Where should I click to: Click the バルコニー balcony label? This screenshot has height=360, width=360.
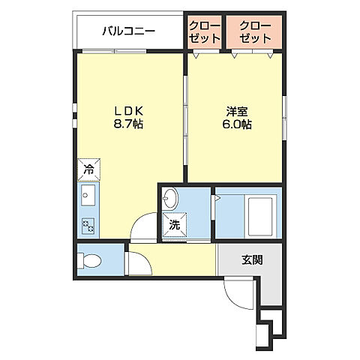pos(128,31)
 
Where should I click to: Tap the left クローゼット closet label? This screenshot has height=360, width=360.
pos(204,31)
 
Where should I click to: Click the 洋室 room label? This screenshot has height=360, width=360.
pos(235,110)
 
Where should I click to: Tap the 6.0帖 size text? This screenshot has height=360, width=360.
pos(235,124)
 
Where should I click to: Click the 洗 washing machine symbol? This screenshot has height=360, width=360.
pos(174,224)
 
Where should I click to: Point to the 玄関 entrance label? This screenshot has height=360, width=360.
pos(251,261)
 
